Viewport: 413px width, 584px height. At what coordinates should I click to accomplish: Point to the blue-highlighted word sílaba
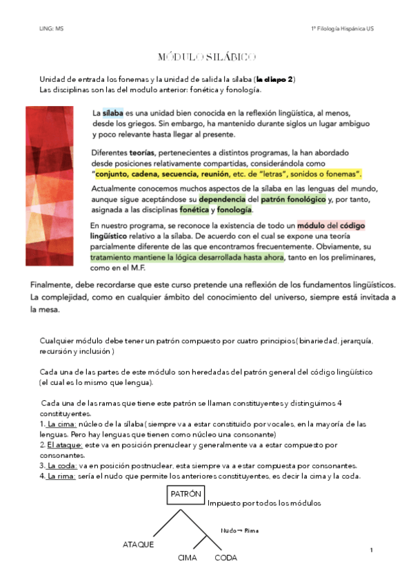112,112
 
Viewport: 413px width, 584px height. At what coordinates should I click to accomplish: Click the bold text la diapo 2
275,80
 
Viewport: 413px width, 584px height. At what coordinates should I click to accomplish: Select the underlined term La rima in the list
62,476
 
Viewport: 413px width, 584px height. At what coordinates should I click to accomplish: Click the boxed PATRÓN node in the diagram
185,495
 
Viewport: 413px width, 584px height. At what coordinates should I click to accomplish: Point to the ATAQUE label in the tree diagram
138,544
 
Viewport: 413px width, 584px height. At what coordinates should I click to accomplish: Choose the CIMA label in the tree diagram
188,558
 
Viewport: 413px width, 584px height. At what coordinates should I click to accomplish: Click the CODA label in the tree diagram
225,558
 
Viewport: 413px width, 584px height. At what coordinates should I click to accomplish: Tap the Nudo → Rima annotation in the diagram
238,530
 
